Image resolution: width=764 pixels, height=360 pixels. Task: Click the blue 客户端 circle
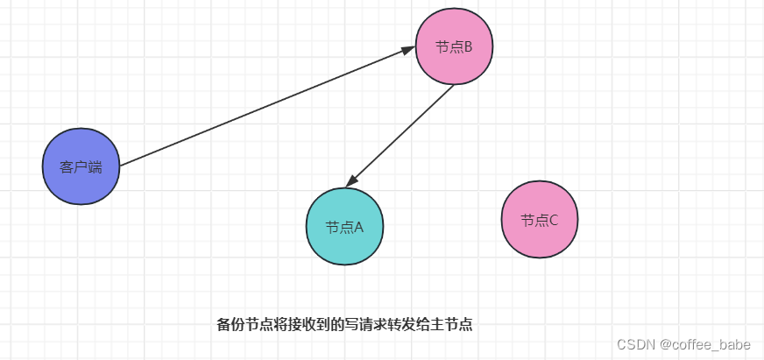coord(81,166)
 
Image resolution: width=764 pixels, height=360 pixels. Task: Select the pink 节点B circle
coord(454,46)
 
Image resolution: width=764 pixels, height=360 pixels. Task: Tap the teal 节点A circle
coord(344,226)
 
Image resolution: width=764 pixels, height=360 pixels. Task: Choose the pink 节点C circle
coord(540,220)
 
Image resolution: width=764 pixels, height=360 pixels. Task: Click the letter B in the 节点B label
coord(468,47)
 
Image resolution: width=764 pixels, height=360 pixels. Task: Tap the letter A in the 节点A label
coord(358,227)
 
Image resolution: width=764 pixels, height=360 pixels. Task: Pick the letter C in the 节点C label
coord(553,221)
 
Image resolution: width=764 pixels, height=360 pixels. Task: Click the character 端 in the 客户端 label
coord(95,167)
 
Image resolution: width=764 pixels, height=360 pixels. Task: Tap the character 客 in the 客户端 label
coord(67,167)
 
